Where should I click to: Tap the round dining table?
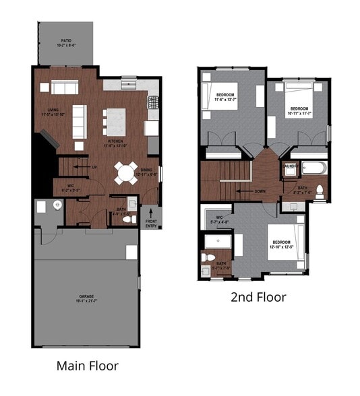point(125,172)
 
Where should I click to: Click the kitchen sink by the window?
point(128,85)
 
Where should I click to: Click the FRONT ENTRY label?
point(152,223)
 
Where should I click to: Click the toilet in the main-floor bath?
point(133,218)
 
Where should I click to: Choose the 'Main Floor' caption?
point(88,366)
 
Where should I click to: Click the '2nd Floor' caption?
point(258,296)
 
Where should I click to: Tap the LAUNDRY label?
point(291,166)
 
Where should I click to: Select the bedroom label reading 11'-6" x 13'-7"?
point(225,96)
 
